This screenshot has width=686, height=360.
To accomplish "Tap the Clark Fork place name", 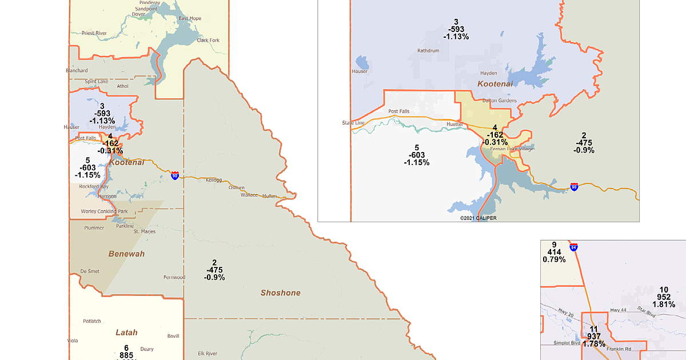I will coord(208,41).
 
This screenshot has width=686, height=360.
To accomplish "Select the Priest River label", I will coord(94,34).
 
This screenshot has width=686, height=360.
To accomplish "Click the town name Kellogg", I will coord(213,179).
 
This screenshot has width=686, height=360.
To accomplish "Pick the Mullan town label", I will coord(269,196).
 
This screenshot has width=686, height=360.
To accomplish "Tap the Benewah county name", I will coord(126,253).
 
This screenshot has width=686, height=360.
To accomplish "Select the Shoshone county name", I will coord(280,293).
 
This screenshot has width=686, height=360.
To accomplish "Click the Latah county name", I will coord(126,332).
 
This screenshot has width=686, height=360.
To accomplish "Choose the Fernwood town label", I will coord(174,278).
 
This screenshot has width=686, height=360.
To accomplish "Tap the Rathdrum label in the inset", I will coord(428,50).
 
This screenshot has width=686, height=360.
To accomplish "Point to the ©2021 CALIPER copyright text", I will coord(479,218).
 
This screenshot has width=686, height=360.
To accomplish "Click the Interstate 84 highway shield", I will coord(574,247).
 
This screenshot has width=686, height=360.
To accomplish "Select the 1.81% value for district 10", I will coord(664,305).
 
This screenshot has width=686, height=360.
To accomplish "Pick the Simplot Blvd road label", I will coord(567,343).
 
